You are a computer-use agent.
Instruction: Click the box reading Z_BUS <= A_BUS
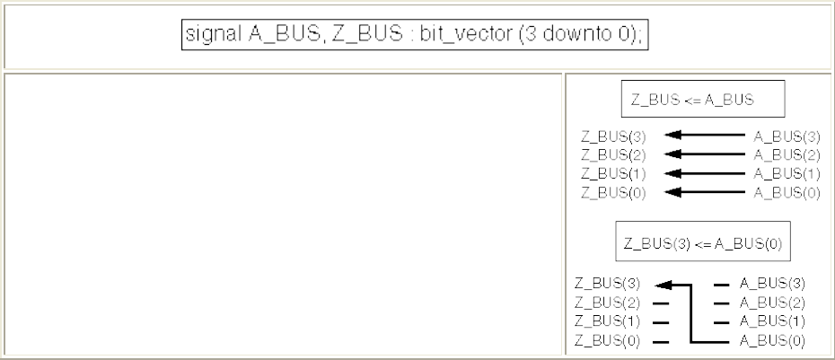point(703,100)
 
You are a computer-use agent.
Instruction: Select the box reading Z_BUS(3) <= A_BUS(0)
point(703,243)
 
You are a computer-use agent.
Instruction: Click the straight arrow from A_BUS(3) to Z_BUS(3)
point(708,136)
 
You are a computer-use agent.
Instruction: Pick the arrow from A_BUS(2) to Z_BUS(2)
point(708,154)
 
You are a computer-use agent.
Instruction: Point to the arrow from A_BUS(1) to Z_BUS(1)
point(708,172)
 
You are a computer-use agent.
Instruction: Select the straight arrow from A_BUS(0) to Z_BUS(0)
point(708,191)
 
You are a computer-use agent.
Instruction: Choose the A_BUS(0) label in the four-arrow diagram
point(787,191)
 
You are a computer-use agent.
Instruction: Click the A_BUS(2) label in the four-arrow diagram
point(787,154)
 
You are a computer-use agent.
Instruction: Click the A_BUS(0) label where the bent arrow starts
point(772,340)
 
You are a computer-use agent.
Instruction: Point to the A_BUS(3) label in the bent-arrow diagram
point(772,285)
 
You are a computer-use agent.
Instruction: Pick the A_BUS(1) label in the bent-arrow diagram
point(772,321)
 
